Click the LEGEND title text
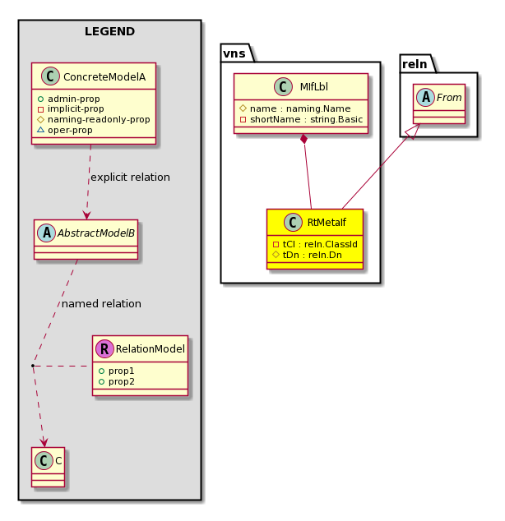[x=109, y=31]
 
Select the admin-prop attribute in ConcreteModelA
[x=69, y=99]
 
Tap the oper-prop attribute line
[x=65, y=130]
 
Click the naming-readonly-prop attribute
[x=94, y=119]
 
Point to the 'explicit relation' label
[x=130, y=178]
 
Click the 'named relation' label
[x=101, y=304]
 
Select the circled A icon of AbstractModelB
[x=47, y=233]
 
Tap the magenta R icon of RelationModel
[x=104, y=348]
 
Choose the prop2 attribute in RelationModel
[x=117, y=381]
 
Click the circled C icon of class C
[x=44, y=460]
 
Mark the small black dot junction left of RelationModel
[x=33, y=366]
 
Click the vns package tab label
[x=234, y=53]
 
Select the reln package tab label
[x=415, y=64]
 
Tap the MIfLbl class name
[x=314, y=87]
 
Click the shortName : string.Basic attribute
[x=301, y=119]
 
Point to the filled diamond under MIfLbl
[x=303, y=139]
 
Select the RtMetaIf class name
[x=327, y=223]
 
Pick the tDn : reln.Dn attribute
[x=307, y=255]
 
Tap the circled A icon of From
[x=425, y=97]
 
